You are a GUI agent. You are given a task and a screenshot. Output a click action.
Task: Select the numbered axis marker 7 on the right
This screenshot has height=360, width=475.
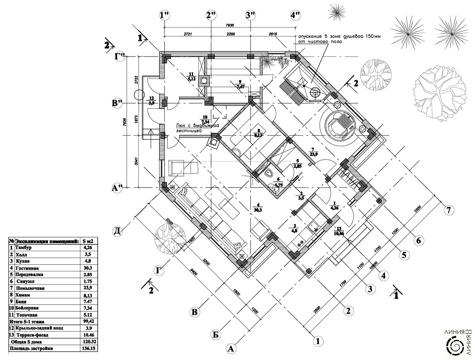coord(448,210)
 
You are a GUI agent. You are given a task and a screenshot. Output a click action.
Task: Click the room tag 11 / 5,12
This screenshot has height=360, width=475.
coord(192,76)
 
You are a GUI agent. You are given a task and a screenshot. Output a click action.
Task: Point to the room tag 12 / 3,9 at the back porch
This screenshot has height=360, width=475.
coord(151,101)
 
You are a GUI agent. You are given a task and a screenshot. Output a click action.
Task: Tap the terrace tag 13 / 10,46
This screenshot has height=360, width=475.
coord(338,231)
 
